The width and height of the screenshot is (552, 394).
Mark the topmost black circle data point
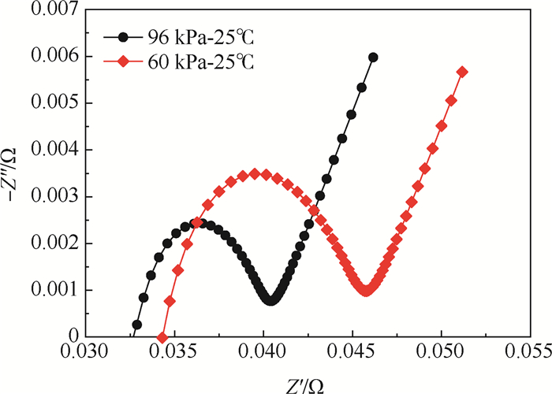click(373, 57)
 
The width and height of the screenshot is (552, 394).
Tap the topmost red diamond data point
click(462, 72)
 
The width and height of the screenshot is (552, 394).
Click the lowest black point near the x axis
click(136, 324)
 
